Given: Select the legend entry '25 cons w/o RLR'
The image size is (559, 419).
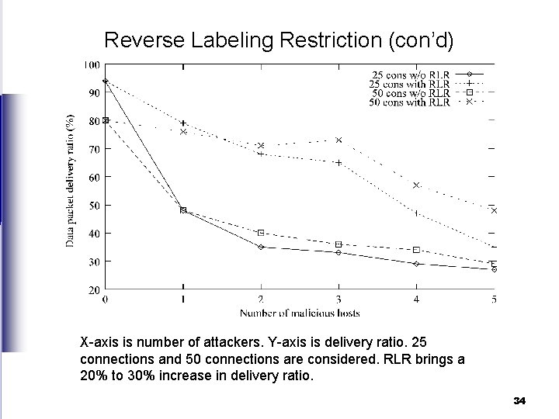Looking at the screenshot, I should pos(409,74).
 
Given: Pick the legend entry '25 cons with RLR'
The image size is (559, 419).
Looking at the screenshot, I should pos(409,84).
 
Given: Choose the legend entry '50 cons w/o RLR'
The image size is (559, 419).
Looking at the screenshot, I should pos(409,93).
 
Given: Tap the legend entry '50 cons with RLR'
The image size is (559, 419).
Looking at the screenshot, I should pos(409,102).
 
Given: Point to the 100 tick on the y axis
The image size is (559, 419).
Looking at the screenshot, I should pos(92,64).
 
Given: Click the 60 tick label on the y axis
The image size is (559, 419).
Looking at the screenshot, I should pos(93,177).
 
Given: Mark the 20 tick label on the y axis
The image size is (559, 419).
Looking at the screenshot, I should pos(93,289).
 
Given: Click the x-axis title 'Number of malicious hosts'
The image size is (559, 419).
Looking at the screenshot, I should pos(300,313).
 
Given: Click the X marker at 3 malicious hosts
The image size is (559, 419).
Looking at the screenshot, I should pos(339,140).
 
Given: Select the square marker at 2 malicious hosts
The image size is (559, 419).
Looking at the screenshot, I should pos(261,233).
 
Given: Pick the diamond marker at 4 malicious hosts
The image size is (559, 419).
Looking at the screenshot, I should pos(416,264).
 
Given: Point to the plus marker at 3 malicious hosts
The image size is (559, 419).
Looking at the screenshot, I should pos(339,163).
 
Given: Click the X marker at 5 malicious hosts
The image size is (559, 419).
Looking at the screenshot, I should pos(494,211).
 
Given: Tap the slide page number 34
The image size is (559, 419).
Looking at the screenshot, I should pos(519,401).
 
